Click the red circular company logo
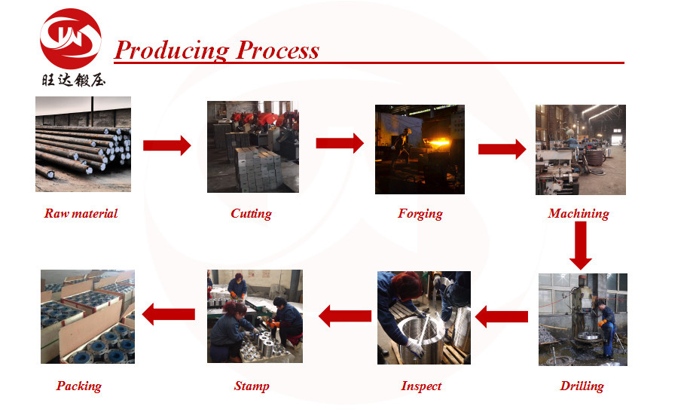(70, 38)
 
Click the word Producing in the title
(172, 50)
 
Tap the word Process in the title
(277, 50)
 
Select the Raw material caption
(81, 213)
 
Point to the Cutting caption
(252, 214)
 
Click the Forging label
(420, 214)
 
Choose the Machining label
(579, 214)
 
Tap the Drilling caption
(582, 386)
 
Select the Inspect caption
(421, 386)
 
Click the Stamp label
(252, 386)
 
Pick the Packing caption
(79, 386)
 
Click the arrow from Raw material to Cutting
(167, 145)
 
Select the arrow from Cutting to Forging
(340, 143)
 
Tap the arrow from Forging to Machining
(502, 149)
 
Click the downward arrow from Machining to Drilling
(581, 246)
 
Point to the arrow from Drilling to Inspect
(502, 317)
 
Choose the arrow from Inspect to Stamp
(345, 316)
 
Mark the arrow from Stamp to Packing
(169, 314)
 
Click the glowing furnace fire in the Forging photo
(438, 143)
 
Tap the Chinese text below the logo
(74, 80)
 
